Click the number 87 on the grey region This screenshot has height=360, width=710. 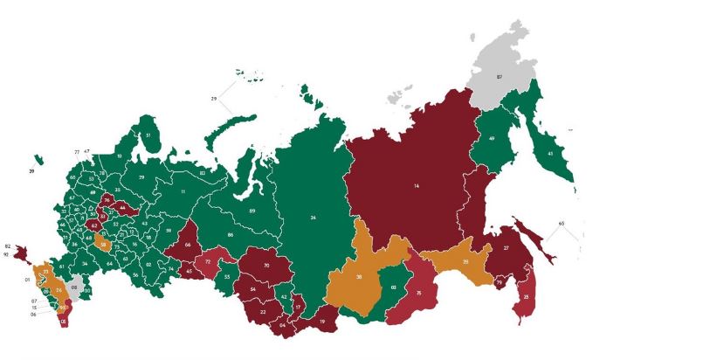click(500, 78)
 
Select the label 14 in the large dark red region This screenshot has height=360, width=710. click(416, 186)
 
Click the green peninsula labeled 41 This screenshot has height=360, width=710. click(550, 154)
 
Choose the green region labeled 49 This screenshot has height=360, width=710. click(492, 139)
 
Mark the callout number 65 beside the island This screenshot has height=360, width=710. click(562, 224)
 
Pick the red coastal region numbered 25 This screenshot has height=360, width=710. click(526, 297)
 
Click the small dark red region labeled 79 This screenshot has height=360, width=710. click(499, 282)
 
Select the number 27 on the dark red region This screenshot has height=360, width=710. click(506, 248)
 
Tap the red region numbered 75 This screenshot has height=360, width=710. click(419, 294)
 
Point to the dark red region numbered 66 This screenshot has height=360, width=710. click(188, 246)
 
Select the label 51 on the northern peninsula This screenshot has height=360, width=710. click(148, 135)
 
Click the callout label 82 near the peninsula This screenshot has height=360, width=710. click(8, 246)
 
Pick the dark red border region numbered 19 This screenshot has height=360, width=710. click(322, 322)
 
